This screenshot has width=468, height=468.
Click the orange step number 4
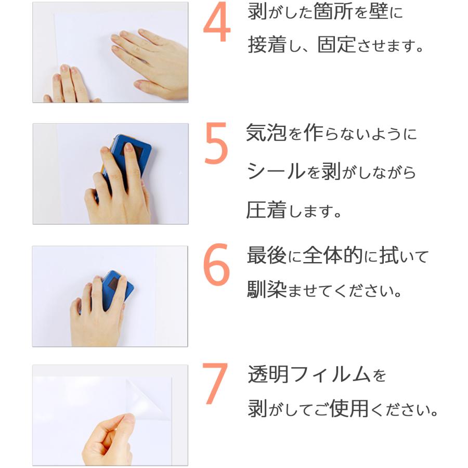(217, 22)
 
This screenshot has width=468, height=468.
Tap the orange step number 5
(216, 143)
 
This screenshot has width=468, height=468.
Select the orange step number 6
(216, 265)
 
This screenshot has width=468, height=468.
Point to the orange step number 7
(215, 383)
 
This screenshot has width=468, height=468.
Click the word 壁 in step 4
(378, 11)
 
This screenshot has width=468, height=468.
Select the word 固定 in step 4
(336, 45)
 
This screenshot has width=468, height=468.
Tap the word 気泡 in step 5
(266, 133)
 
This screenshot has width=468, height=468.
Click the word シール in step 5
(276, 171)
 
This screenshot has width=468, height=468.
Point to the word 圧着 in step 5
(266, 210)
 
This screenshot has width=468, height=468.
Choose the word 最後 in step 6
(267, 255)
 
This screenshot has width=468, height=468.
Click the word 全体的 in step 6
(333, 255)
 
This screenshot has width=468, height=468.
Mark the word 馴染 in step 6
(267, 289)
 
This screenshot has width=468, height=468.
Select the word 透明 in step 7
(268, 374)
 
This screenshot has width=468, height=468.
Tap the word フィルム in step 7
(330, 374)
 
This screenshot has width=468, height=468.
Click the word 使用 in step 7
(348, 408)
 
